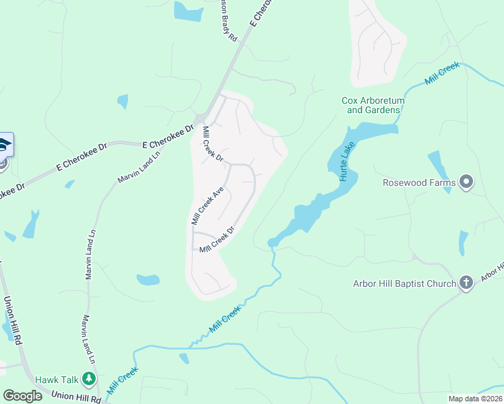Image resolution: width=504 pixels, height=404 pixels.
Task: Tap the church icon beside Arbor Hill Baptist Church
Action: (x=466, y=283)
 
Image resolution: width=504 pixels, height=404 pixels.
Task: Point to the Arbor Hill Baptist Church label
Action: (x=404, y=283)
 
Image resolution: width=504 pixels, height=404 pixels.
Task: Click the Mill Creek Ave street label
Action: (x=207, y=206)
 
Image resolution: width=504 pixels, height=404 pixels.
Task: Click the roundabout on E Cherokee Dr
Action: (x=201, y=119)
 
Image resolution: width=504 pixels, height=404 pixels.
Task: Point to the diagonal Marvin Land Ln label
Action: (x=139, y=166)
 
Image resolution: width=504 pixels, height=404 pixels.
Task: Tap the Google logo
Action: (x=22, y=395)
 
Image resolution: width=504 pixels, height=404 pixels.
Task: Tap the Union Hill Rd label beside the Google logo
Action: (x=75, y=397)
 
